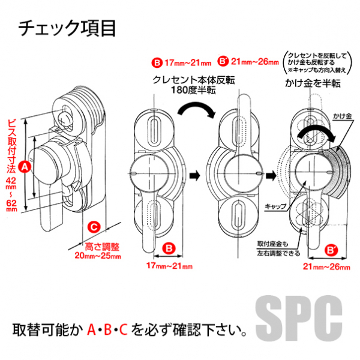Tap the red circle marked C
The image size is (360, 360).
[94, 227]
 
